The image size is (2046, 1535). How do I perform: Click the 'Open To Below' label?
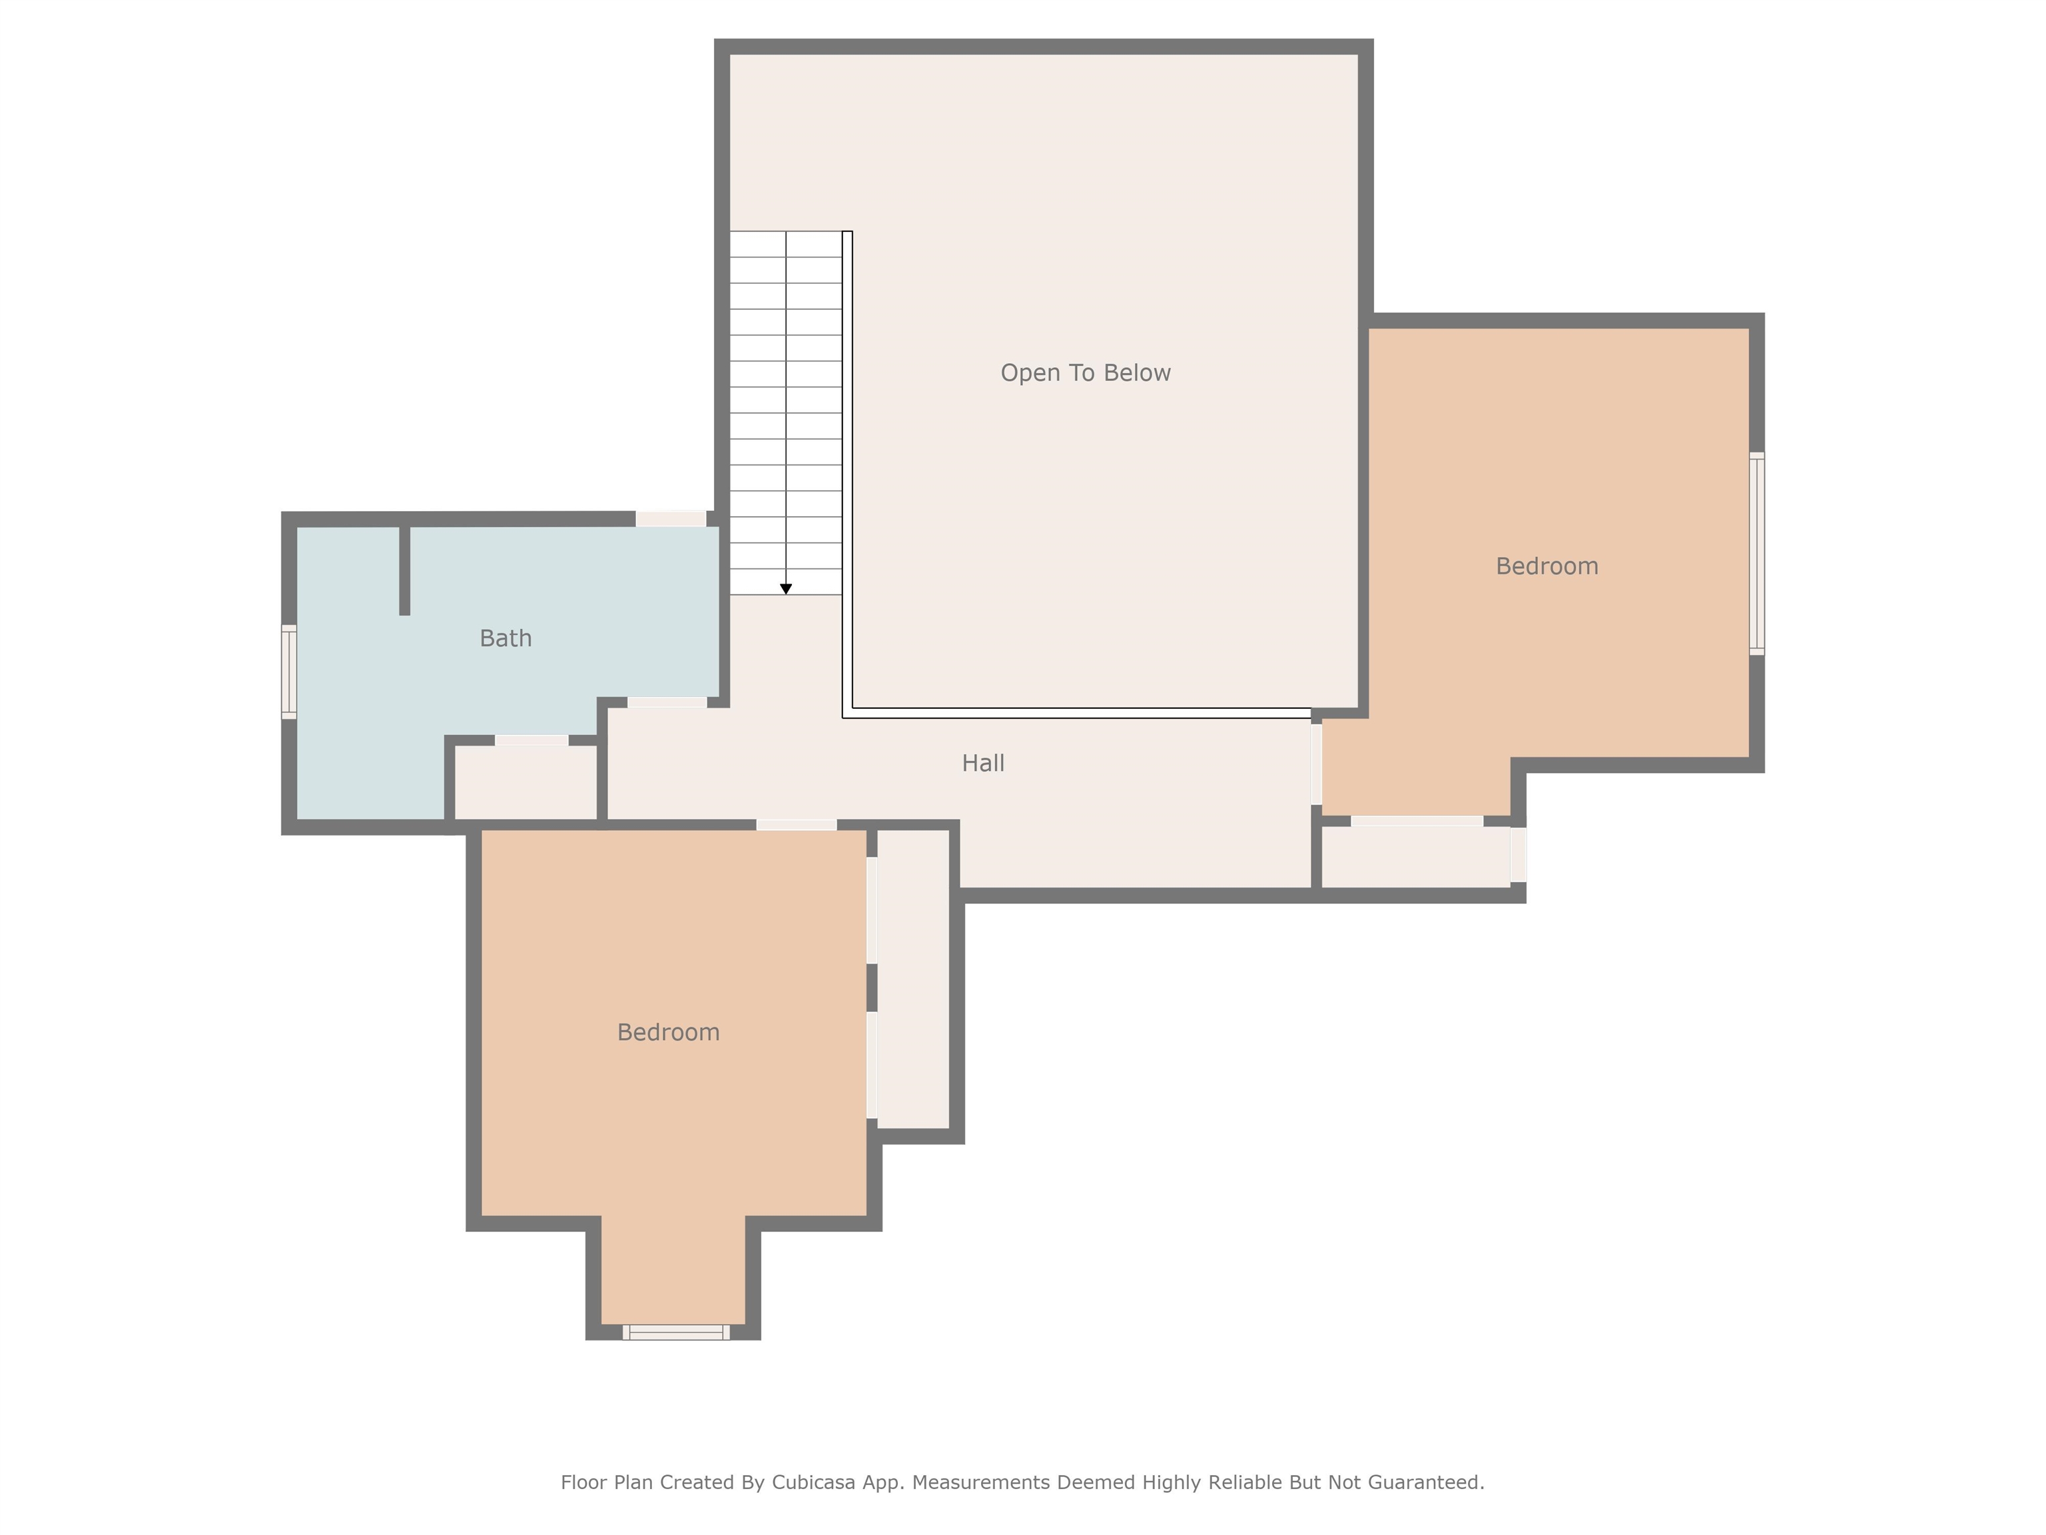pos(1085,373)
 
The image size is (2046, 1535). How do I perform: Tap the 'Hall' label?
pos(982,764)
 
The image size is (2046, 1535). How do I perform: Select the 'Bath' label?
pos(505,638)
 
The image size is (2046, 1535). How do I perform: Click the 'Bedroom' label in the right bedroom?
pos(1546,566)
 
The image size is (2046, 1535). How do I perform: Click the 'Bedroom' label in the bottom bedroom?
pos(668,1033)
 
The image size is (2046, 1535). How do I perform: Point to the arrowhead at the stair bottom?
pos(785,590)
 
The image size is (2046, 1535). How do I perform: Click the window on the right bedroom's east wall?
pos(1756,553)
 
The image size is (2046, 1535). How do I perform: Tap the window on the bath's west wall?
pos(288,672)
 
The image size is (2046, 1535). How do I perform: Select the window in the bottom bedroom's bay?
pos(675,1332)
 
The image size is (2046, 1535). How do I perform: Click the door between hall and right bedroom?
pos(1315,764)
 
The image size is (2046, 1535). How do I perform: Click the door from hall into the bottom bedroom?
pos(797,824)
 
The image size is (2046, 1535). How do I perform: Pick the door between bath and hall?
pos(667,702)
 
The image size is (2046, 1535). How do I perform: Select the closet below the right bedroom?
pos(1415,857)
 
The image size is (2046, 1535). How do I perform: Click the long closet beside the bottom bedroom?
pos(913,979)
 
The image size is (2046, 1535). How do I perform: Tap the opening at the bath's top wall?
pos(671,519)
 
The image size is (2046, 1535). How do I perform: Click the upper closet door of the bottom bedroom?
pos(871,911)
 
